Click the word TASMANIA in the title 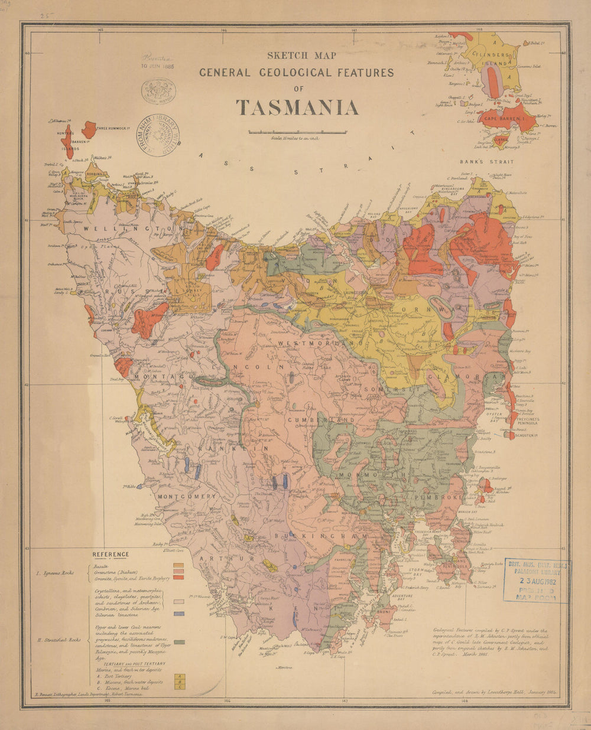297,108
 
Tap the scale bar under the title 297,133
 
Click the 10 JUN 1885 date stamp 158,66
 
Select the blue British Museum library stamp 537,580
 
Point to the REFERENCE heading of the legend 111,554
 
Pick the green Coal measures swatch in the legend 179,642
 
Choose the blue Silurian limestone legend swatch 179,614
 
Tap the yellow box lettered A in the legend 180,676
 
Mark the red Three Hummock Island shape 89,129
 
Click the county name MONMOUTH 372,474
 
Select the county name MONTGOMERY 186,497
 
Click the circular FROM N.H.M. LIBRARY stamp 157,131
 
